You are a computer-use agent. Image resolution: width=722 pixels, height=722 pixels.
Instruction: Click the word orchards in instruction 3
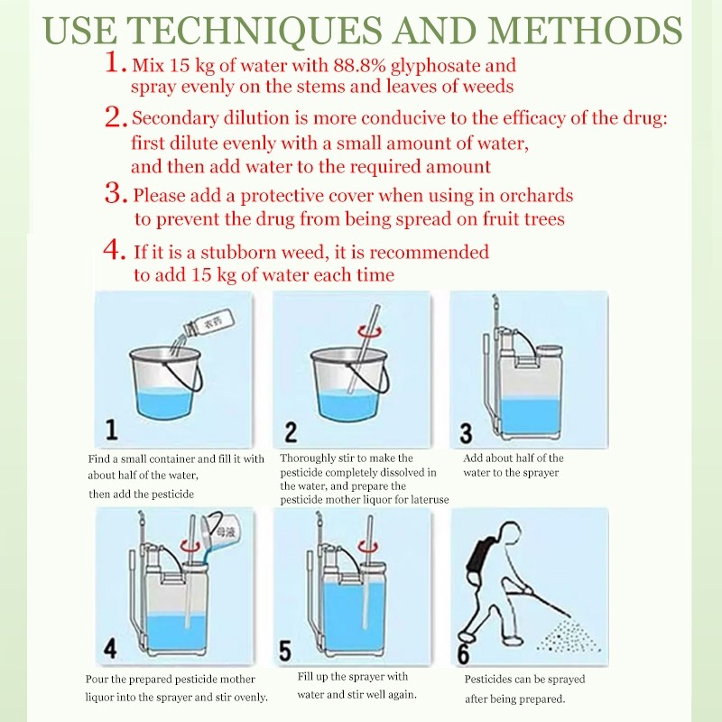[x=536, y=196]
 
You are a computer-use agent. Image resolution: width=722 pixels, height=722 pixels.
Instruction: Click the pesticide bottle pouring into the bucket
[x=208, y=322]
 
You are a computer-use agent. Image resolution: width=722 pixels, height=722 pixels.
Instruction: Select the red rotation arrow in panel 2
[x=371, y=330]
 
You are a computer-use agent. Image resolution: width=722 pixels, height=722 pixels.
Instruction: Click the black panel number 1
[x=111, y=430]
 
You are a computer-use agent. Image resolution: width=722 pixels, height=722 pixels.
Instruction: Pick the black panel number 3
[x=466, y=433]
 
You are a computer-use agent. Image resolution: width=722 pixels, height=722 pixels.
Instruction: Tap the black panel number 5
[x=285, y=651]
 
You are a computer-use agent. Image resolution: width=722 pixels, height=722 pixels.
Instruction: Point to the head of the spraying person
[x=510, y=534]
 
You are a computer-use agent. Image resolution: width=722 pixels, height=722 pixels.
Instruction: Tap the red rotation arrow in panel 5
[x=368, y=548]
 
